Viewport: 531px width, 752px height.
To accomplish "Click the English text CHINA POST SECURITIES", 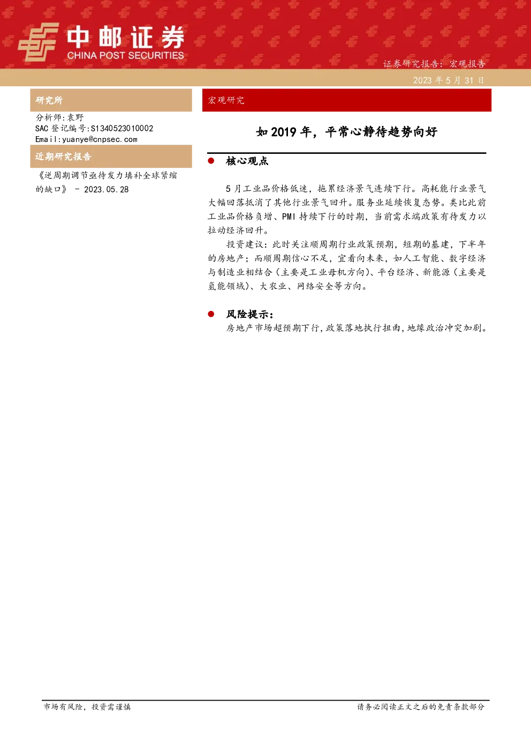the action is click(125, 55).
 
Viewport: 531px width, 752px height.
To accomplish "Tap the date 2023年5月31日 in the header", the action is click(449, 80).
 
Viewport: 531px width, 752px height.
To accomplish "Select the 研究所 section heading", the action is click(49, 100).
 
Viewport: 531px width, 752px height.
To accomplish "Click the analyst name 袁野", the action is click(75, 117).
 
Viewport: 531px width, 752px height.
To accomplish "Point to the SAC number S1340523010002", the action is click(122, 128).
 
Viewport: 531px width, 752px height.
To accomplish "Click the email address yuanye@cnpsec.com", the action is click(100, 139).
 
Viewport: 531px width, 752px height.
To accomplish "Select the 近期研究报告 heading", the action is click(63, 157).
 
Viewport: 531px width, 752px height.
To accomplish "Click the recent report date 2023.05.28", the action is click(107, 190).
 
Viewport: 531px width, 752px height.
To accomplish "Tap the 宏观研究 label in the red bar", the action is click(226, 100).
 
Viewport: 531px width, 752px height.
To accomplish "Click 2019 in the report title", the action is click(284, 132).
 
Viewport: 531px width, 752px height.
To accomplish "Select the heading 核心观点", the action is click(247, 161).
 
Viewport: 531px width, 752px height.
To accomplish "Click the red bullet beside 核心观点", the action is click(211, 161).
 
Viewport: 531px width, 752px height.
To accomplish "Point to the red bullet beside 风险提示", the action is click(211, 314).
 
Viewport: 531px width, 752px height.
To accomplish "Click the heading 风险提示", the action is click(250, 314).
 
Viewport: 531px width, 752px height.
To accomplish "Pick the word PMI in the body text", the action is click(289, 217).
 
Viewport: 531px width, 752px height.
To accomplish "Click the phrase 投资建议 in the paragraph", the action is click(245, 244).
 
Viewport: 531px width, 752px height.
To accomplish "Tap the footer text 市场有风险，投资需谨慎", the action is click(87, 706).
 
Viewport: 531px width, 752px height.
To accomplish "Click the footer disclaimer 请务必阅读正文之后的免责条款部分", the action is click(421, 706).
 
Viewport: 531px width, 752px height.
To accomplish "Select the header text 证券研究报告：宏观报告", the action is click(434, 64).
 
